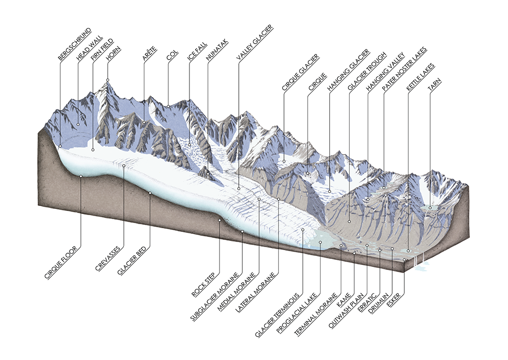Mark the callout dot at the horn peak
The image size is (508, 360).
coord(108,80)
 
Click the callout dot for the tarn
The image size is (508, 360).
coord(430,207)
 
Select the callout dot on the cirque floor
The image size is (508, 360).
coord(81,176)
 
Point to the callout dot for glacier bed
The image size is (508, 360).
coord(150,193)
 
